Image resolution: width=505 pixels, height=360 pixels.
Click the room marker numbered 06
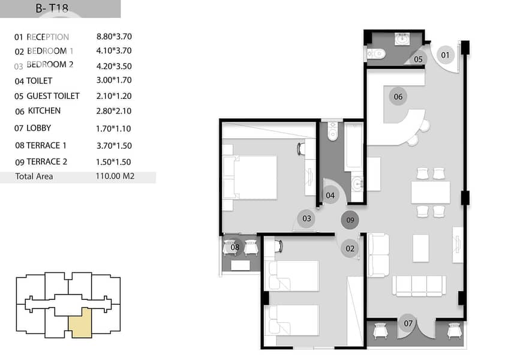[398, 97]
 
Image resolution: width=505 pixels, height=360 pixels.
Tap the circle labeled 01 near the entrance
[446, 55]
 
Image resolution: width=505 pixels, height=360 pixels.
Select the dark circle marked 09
[350, 220]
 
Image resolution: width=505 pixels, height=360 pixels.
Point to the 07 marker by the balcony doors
[408, 323]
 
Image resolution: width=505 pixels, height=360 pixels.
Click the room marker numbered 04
[330, 196]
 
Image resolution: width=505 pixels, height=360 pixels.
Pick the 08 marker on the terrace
[235, 247]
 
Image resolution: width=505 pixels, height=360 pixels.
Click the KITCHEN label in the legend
[44, 111]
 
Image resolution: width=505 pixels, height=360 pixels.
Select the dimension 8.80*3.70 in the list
[114, 37]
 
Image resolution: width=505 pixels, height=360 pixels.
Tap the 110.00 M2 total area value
[115, 176]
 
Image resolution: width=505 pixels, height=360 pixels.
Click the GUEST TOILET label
[53, 96]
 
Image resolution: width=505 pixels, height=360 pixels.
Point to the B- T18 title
[52, 8]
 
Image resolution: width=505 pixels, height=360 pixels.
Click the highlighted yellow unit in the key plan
[80, 323]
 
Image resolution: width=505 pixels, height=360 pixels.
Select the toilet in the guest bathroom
[376, 53]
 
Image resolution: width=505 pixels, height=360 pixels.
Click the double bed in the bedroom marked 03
[250, 178]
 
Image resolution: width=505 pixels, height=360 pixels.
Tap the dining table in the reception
[431, 193]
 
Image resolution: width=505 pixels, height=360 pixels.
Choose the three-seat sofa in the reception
[419, 286]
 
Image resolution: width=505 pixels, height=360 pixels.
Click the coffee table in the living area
[421, 248]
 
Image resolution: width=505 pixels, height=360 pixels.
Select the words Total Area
[34, 176]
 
